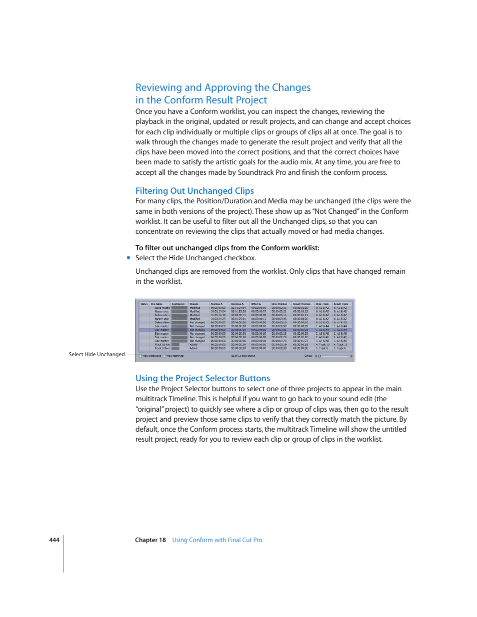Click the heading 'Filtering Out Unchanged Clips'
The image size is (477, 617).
[x=194, y=191]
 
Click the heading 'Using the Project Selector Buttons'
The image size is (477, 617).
[x=202, y=378]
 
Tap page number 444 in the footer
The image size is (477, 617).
[x=54, y=540]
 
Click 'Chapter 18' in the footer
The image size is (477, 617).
[x=150, y=540]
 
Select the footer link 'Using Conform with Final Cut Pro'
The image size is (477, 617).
[x=217, y=540]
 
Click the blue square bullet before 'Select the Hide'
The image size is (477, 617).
[x=128, y=258]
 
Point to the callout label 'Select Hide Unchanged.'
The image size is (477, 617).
[x=97, y=355]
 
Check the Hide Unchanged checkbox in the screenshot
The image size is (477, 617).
[x=140, y=356]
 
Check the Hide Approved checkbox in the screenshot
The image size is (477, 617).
[x=164, y=356]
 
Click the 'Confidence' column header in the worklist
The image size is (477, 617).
[x=178, y=304]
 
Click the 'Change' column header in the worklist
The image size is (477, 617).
[x=194, y=304]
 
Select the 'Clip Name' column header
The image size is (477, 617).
[x=157, y=304]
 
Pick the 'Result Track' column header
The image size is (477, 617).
[x=341, y=304]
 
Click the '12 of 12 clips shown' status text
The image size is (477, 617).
[x=243, y=356]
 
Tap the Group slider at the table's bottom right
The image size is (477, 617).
[x=334, y=356]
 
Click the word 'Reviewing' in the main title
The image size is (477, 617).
[x=158, y=88]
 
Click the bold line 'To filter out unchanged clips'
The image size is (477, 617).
[x=227, y=248]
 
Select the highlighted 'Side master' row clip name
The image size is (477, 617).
[x=161, y=330]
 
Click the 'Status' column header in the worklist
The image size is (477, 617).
[x=144, y=304]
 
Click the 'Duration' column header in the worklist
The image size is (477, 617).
[x=237, y=304]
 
